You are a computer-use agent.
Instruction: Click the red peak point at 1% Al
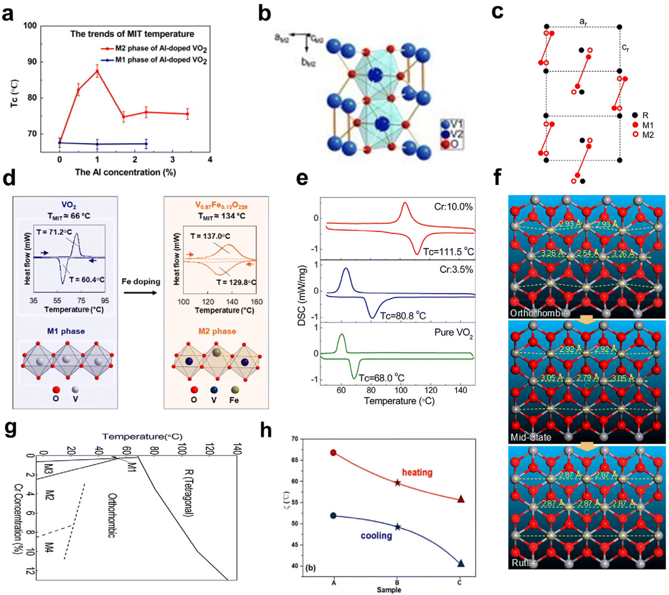pos(97,71)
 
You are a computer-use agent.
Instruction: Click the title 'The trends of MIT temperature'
pos(132,34)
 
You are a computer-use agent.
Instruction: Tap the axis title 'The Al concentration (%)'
pos(125,172)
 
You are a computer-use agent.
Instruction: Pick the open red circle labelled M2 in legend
pos(635,134)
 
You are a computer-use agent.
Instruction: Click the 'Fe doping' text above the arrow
pos(141,282)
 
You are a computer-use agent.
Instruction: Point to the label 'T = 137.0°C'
pos(210,236)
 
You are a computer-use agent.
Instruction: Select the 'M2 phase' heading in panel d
pos(217,331)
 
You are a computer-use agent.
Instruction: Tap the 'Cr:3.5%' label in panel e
pos(456,270)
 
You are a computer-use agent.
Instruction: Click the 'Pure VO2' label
pos(453,333)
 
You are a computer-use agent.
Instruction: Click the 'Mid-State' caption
pos(531,437)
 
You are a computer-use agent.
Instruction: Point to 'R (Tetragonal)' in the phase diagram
pos(188,492)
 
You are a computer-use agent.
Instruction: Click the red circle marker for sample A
pos(334,453)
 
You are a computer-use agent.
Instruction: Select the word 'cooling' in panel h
pos(376,536)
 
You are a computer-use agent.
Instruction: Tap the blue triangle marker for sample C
pos(461,564)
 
